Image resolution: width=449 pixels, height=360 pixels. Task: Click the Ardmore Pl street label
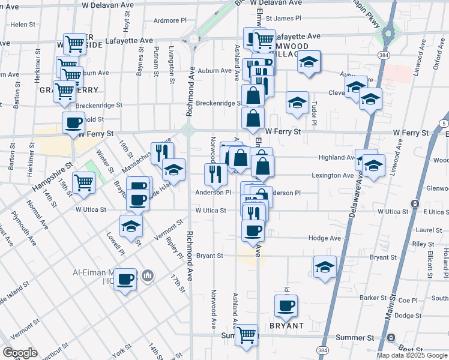pyautogui.click(x=170, y=20)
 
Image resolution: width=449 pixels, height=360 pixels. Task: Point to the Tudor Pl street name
pyautogui.click(x=314, y=113)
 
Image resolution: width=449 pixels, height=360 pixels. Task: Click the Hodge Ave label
pyautogui.click(x=325, y=238)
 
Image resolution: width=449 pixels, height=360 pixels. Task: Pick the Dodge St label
pyautogui.click(x=408, y=315)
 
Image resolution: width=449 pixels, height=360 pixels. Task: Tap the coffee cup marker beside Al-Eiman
pyautogui.click(x=125, y=279)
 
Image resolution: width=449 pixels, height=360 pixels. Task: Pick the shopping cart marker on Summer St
pyautogui.click(x=246, y=335)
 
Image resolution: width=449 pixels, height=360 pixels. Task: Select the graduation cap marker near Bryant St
pyautogui.click(x=325, y=266)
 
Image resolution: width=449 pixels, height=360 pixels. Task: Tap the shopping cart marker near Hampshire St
pyautogui.click(x=83, y=182)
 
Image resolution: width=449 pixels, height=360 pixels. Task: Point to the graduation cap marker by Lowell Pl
pyautogui.click(x=131, y=227)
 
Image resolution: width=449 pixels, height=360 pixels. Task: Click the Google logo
pyautogui.click(x=20, y=353)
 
